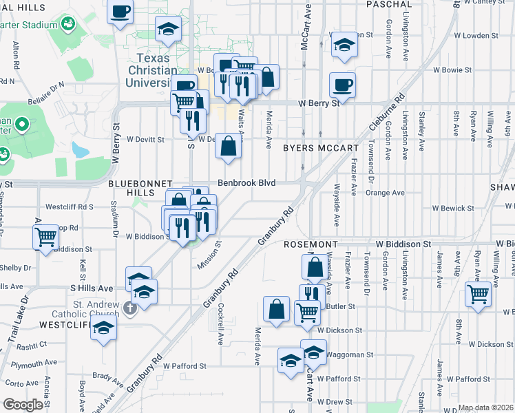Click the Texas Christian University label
tap(153, 70)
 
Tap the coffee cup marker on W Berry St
tap(342, 85)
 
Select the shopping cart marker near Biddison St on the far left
tap(45, 237)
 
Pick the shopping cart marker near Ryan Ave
tap(477, 294)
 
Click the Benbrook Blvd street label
tap(247, 183)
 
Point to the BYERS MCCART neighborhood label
tap(320, 148)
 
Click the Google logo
tap(23, 405)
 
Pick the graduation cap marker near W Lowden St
tap(344, 45)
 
